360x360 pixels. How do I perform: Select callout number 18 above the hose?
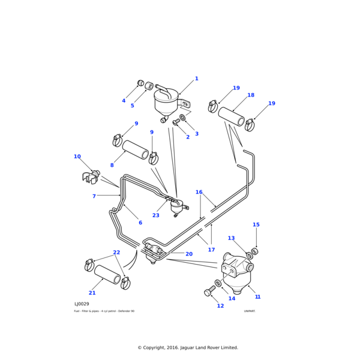click(x=251, y=95)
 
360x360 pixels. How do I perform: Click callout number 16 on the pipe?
click(x=199, y=193)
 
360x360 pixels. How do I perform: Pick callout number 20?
click(x=189, y=254)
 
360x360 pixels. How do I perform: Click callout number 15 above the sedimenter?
click(x=256, y=225)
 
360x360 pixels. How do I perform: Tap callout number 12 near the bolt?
click(x=220, y=306)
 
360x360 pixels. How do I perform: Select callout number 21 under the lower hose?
click(x=92, y=293)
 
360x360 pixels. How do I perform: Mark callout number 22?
click(x=116, y=253)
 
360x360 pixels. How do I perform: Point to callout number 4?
click(x=124, y=101)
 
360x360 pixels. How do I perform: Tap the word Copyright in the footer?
click(x=158, y=347)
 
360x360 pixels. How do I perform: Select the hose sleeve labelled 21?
click(x=107, y=274)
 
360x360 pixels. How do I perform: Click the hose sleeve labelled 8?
click(x=136, y=150)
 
